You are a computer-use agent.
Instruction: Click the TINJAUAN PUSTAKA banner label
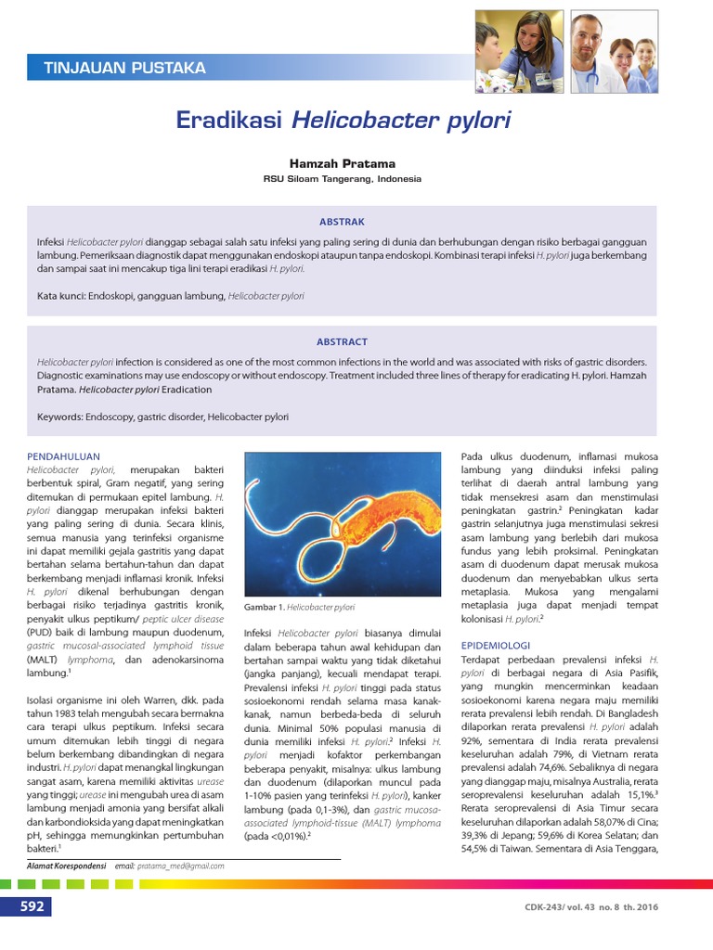point(124,68)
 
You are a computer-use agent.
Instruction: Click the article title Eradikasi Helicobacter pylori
point(343,121)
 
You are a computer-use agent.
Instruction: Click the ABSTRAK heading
point(342,222)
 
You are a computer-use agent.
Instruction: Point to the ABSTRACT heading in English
point(342,341)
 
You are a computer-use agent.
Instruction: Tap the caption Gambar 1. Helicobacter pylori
point(299,607)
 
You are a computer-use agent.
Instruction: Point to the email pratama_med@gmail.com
point(180,866)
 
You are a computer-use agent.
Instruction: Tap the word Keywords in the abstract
point(59,417)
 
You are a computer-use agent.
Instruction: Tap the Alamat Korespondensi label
point(65,866)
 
